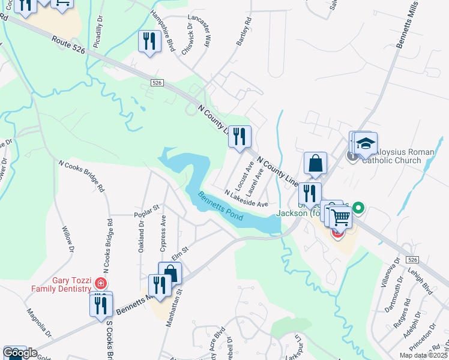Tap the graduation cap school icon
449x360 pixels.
coord(364,144)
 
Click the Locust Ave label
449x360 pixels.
coord(245,173)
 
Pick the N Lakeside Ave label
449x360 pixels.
coord(246,199)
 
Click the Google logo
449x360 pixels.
coord(20,353)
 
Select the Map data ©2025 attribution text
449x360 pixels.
coord(424,356)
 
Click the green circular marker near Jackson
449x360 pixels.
coord(359,209)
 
